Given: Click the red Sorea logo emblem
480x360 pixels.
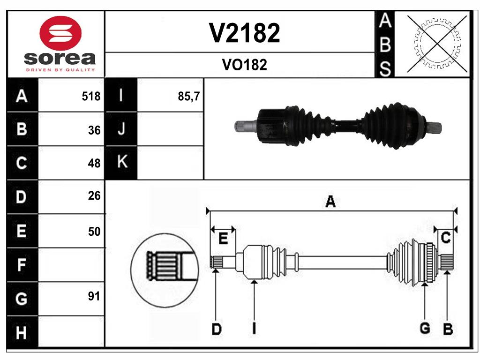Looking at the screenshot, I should point(60,33).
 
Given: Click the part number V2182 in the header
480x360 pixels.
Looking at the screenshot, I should point(244,33).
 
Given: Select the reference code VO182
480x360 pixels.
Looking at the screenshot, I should point(244,65).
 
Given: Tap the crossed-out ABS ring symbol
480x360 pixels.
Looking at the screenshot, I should point(437,44).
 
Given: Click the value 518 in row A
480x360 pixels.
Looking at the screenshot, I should point(91,97).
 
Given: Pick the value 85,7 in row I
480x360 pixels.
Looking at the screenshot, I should point(189,97).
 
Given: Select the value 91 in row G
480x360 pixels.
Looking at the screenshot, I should point(94,296).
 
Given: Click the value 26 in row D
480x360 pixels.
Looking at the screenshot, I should point(94,196).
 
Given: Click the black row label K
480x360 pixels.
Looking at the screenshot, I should point(121,163).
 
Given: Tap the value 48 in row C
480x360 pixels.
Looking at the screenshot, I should point(94,163).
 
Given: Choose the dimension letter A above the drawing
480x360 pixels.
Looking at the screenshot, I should point(330,202).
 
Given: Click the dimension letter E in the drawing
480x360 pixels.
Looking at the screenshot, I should point(223,239).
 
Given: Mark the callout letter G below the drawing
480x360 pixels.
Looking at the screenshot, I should point(425,329).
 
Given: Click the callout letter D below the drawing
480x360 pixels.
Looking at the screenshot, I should point(216,329).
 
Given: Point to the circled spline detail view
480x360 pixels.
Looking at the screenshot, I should point(165,270).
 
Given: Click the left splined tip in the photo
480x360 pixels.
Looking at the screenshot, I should point(244,126).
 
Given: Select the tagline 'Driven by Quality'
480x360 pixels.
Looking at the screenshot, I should point(60,70).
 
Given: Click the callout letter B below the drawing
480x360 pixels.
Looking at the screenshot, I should point(448,329).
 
